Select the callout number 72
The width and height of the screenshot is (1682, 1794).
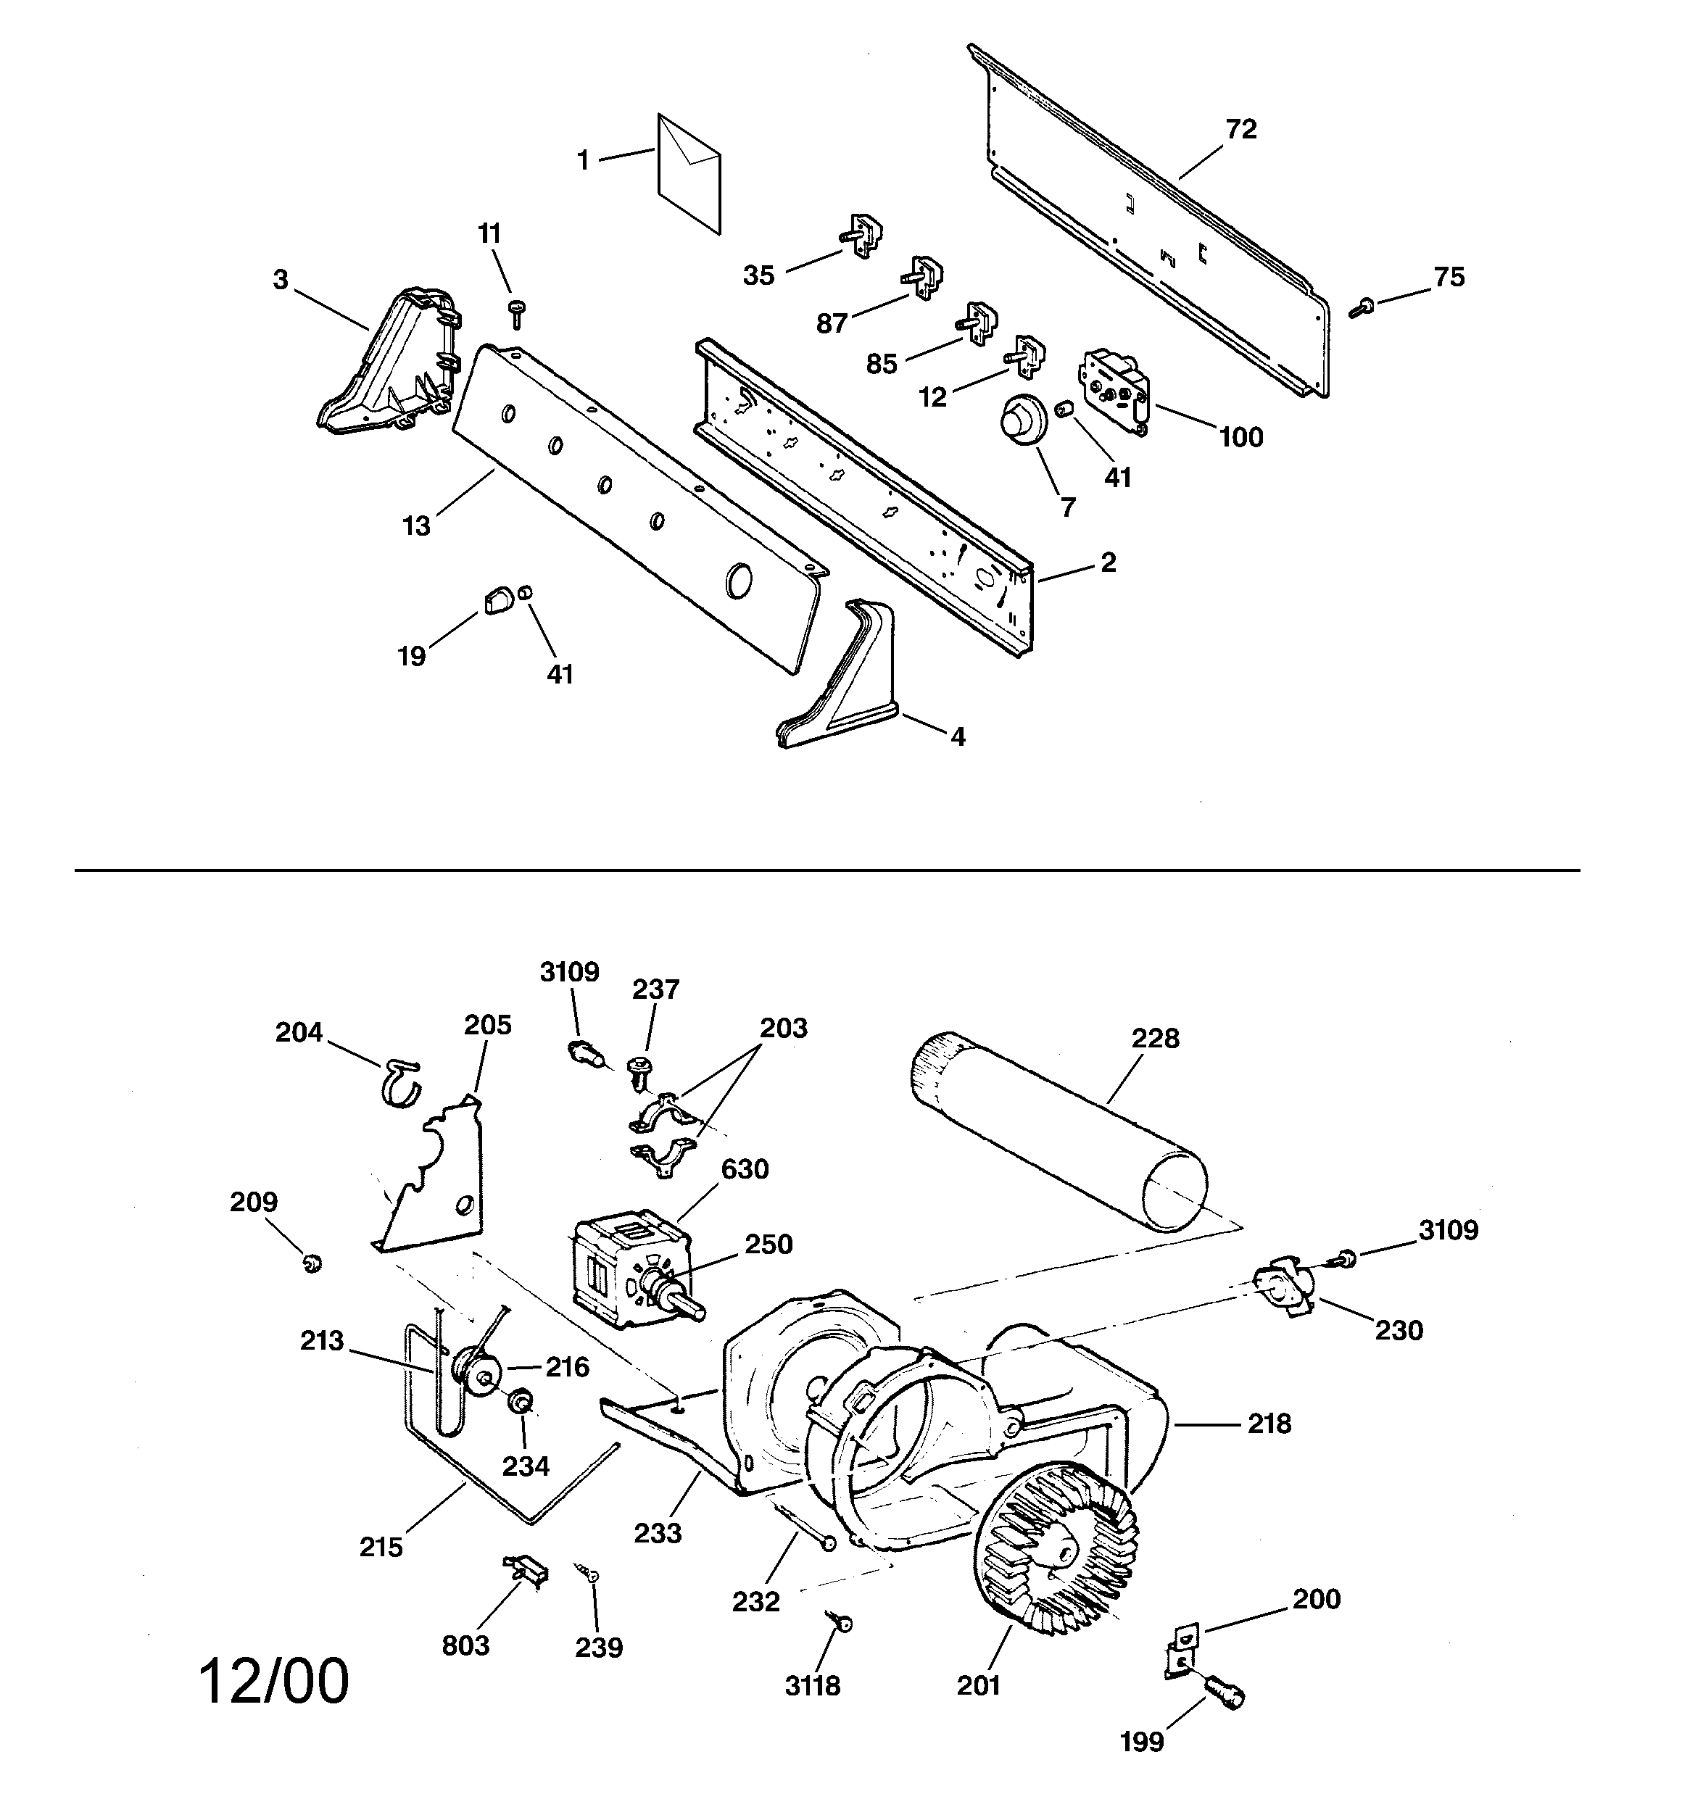tap(1241, 130)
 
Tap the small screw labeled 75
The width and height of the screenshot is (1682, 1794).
tap(1359, 309)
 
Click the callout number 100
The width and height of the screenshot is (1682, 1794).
tap(1240, 438)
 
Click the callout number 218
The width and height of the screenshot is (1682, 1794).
tap(1269, 1424)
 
